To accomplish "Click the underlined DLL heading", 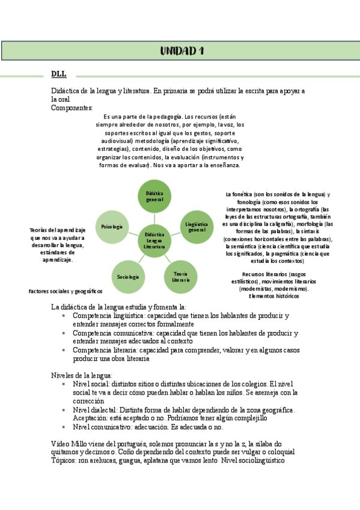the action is click(x=58, y=74).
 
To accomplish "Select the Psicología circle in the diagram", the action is click(x=112, y=227).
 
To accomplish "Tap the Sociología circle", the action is click(x=128, y=277).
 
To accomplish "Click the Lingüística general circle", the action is click(x=197, y=227).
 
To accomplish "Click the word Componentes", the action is click(x=72, y=108).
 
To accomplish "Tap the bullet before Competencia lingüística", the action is click(x=64, y=316).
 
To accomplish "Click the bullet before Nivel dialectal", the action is click(x=64, y=410).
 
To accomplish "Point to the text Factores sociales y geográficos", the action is click(x=66, y=291).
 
